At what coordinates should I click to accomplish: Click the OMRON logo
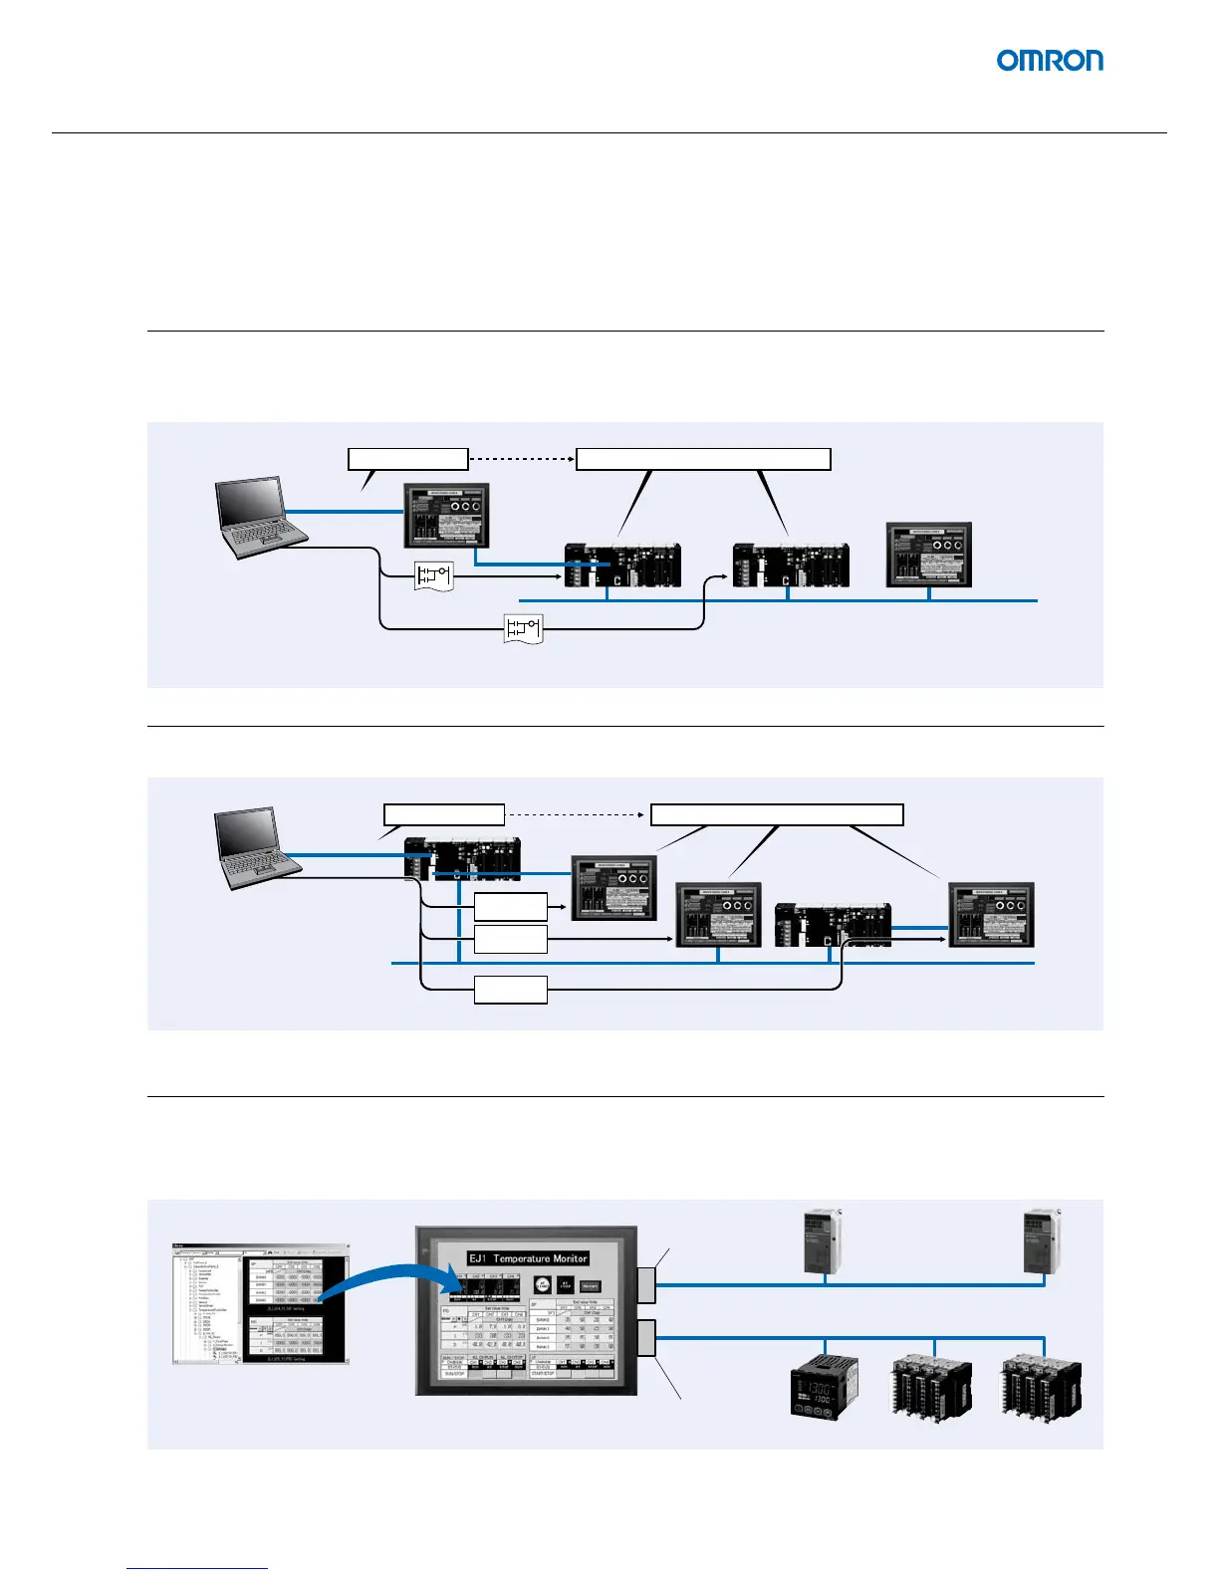pyautogui.click(x=1050, y=61)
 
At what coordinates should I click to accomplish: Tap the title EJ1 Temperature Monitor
pyautogui.click(x=528, y=1258)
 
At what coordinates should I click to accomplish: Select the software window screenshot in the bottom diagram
pyautogui.click(x=260, y=1303)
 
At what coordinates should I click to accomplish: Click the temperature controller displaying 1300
pyautogui.click(x=823, y=1386)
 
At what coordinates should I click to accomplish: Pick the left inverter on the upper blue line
pyautogui.click(x=823, y=1241)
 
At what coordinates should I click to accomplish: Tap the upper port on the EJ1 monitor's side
pyautogui.click(x=645, y=1285)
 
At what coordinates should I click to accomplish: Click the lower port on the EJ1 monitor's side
pyautogui.click(x=645, y=1337)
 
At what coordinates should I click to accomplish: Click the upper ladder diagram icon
pyautogui.click(x=433, y=575)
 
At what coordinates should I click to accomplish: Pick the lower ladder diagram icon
pyautogui.click(x=524, y=628)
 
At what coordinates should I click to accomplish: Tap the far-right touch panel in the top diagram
pyautogui.click(x=928, y=555)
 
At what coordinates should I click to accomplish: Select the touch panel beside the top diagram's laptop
pyautogui.click(x=446, y=515)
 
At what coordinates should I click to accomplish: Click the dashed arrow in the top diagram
pyautogui.click(x=522, y=459)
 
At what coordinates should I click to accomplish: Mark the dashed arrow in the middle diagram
pyautogui.click(x=577, y=814)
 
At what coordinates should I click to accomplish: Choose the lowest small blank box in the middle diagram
pyautogui.click(x=510, y=990)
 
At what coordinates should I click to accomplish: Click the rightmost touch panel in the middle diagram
pyautogui.click(x=991, y=914)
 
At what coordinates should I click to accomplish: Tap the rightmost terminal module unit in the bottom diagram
pyautogui.click(x=1041, y=1386)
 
